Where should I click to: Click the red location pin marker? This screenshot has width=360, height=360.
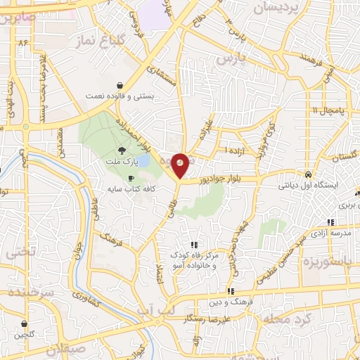click(180, 165)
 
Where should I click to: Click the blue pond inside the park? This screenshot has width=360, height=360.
click(143, 161)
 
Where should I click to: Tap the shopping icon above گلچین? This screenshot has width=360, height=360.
click(25, 324)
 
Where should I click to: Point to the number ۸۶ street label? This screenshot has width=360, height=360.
click(23, 43)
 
